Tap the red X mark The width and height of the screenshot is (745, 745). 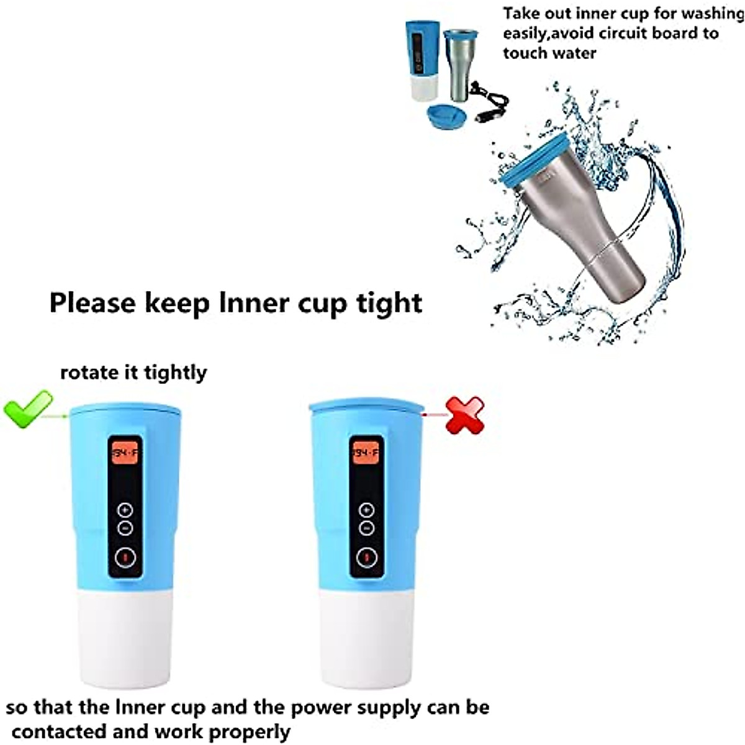point(465,415)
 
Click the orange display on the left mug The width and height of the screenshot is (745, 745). point(124,453)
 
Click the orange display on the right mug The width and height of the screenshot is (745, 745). point(366,453)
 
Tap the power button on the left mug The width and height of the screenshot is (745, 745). point(125,557)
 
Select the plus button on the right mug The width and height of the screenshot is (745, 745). point(366,510)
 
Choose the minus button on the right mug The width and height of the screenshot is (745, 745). point(366,528)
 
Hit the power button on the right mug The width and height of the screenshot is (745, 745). point(366,557)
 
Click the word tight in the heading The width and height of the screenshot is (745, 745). point(389,303)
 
